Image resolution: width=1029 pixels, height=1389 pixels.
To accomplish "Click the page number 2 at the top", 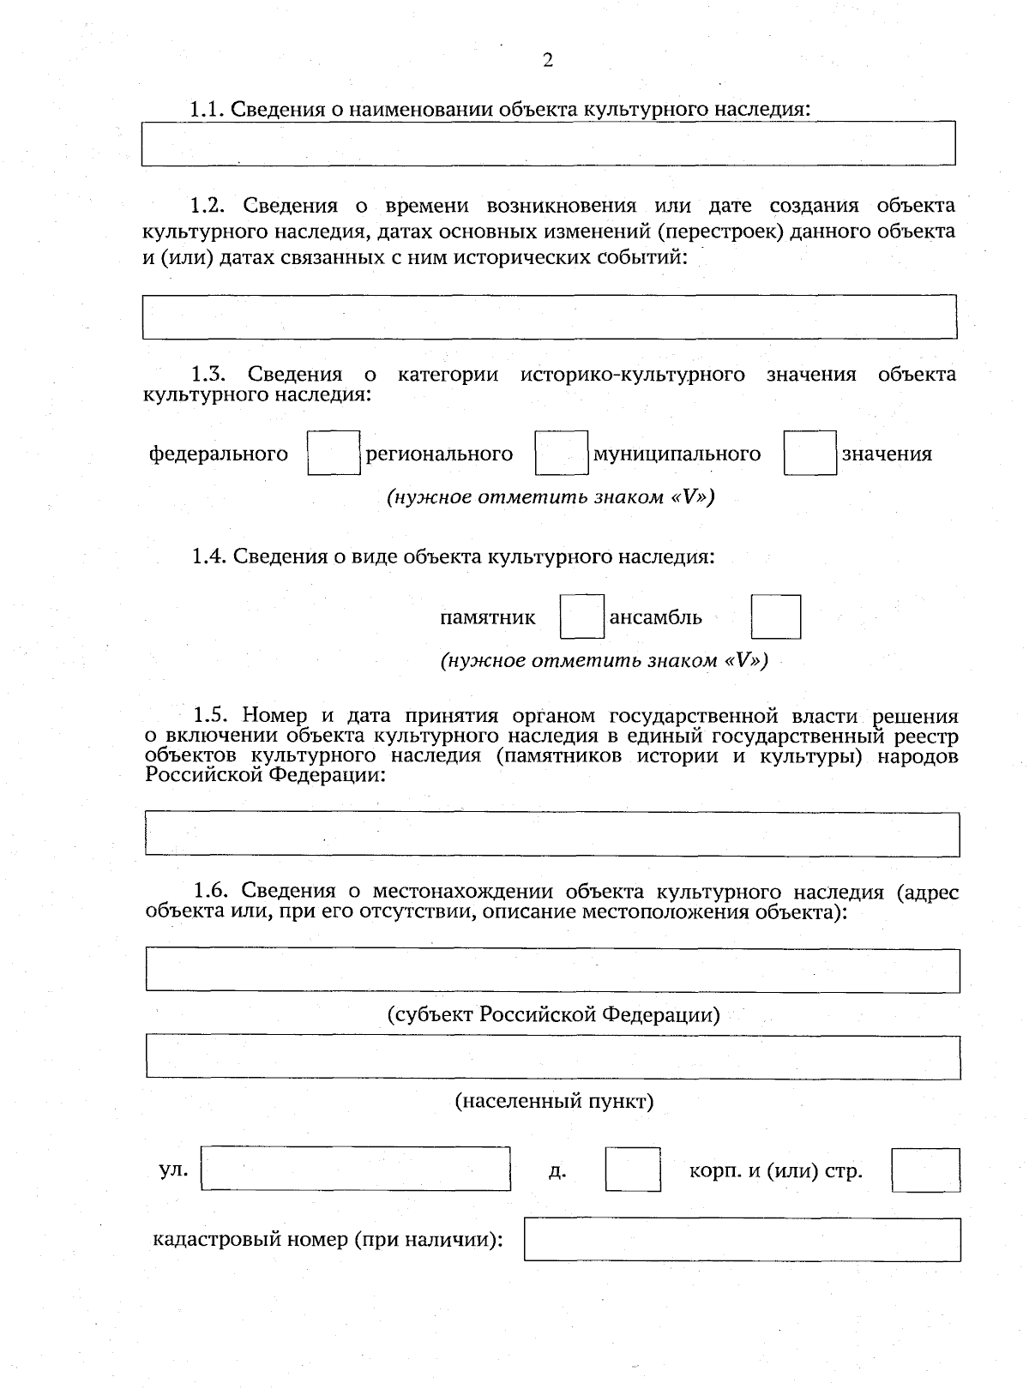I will click(548, 60).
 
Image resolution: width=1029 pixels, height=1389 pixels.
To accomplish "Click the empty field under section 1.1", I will click(548, 143).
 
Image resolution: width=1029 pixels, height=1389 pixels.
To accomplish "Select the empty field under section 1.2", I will click(549, 317).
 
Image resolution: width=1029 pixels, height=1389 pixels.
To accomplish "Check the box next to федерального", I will click(334, 454).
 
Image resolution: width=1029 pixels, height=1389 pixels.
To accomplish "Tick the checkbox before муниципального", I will click(562, 454).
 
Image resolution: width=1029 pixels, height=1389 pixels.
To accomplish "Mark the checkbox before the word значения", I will click(809, 454).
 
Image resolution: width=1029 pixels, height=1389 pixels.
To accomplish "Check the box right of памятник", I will click(582, 617).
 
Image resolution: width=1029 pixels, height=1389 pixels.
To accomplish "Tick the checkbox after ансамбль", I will click(776, 617).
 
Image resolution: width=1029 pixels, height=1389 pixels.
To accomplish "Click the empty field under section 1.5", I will click(552, 834).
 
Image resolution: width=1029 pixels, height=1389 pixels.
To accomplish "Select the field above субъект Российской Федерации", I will click(552, 971).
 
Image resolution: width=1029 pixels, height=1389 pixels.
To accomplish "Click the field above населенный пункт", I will click(553, 1057).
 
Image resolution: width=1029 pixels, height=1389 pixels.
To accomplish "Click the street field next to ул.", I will click(356, 1170).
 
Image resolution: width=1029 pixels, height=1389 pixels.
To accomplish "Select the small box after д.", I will click(633, 1170).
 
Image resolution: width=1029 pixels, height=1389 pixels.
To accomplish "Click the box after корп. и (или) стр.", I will click(925, 1170).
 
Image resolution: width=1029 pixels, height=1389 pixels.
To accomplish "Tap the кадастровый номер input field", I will click(742, 1240).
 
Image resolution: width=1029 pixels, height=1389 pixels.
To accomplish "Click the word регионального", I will click(439, 454).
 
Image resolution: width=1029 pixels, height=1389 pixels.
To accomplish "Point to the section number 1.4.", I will click(208, 556).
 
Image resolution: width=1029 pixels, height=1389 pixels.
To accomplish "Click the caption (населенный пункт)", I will click(554, 1101).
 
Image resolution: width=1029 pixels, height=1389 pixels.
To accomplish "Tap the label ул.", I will click(173, 1170).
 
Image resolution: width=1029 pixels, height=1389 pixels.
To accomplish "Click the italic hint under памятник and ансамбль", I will click(604, 661).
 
